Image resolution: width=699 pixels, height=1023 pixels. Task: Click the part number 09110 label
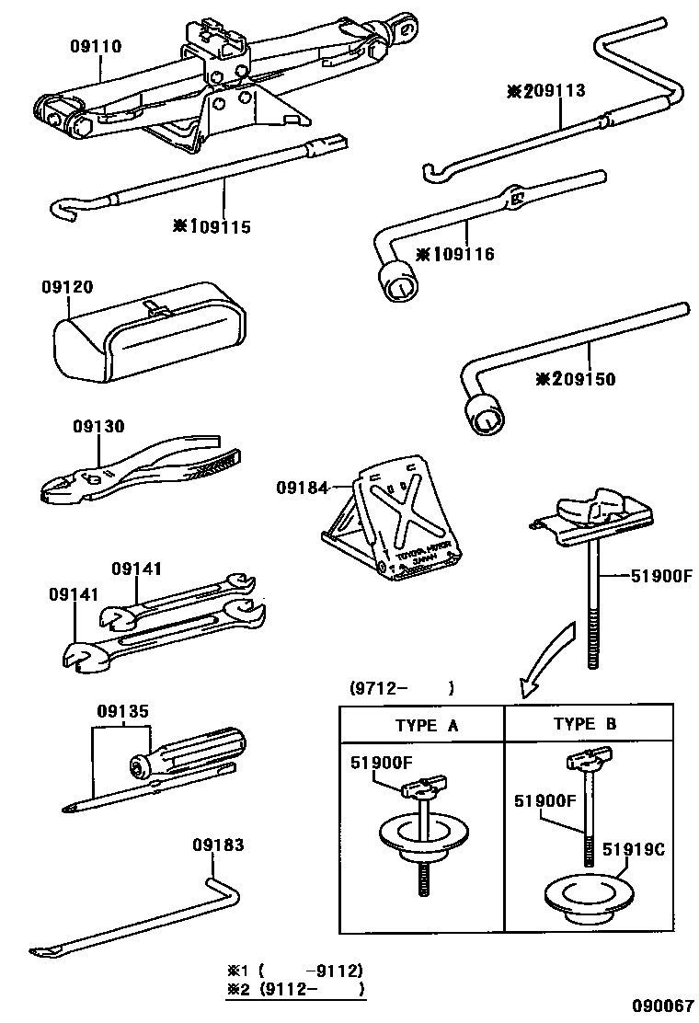pos(96,45)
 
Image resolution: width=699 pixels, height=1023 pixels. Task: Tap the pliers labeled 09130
pos(138,470)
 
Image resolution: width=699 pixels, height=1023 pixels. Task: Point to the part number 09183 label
pos(218,845)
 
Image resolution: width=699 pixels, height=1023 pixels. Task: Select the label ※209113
pos(546,91)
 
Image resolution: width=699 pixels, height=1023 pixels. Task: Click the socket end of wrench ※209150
pos(485,415)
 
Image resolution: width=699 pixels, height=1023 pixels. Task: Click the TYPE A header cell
pos(422,724)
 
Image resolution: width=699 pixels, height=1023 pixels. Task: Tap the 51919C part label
pos(634,849)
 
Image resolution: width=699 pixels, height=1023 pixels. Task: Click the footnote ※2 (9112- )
pos(295,989)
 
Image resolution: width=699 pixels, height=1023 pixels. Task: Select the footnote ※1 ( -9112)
pos(295,970)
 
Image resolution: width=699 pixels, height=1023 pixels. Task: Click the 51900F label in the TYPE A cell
pos(381,762)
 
